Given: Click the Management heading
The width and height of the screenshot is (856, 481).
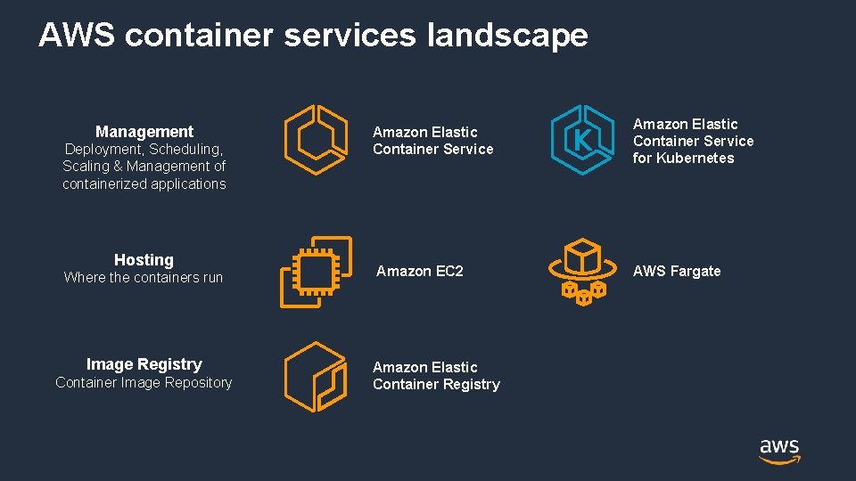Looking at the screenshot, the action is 144,132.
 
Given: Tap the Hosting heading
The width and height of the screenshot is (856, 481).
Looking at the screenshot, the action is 144,260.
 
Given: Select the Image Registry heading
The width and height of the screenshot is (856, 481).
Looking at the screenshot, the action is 144,364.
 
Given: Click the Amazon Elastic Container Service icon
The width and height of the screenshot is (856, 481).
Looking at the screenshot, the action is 315,140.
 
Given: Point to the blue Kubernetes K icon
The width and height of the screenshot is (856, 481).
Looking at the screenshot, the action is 582,140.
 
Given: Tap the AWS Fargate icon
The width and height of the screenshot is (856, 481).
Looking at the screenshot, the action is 582,271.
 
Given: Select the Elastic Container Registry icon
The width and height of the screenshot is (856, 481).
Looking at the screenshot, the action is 315,377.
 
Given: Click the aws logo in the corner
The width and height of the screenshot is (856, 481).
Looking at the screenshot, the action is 779,451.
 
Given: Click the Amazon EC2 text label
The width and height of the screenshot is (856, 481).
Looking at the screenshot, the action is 420,271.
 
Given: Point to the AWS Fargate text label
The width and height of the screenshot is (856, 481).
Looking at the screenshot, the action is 677,271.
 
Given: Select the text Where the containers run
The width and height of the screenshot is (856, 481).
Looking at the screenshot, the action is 144,278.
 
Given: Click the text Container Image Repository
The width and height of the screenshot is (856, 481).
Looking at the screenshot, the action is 144,383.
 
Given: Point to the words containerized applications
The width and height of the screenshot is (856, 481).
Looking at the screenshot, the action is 144,184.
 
